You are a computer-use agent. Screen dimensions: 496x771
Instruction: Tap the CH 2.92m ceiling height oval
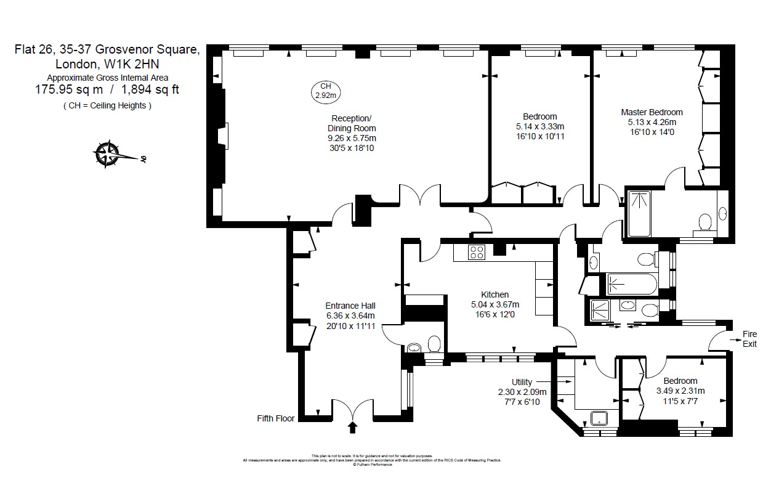tap(325, 91)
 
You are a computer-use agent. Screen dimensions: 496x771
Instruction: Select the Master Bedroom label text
tap(652, 112)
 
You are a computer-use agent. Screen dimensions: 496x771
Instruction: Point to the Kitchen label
tap(494, 295)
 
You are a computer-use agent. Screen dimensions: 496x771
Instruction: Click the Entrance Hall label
tap(350, 306)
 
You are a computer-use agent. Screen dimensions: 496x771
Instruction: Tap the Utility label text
tap(522, 382)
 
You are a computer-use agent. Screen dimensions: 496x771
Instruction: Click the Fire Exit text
tap(749, 339)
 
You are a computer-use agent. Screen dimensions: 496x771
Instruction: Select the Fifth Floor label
tap(276, 418)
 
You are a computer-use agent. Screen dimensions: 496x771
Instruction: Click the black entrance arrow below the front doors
tap(353, 426)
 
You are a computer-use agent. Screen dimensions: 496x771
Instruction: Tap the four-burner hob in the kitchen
tap(477, 252)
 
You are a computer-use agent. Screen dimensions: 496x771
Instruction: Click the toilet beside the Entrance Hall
tap(434, 343)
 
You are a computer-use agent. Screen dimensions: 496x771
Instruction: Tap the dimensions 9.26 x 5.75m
tap(352, 138)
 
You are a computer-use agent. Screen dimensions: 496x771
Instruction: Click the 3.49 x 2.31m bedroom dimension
tap(680, 391)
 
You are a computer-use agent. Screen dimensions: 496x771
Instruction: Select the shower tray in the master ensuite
tap(639, 213)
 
